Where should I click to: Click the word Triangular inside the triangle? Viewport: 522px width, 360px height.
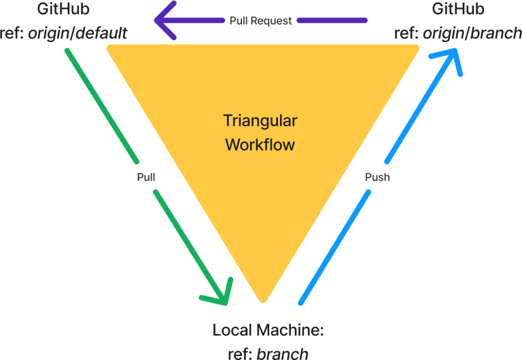260,121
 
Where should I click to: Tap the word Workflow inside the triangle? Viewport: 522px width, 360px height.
260,145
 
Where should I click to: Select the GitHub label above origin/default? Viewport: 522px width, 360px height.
63,10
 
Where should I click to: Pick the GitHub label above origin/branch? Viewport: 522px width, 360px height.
458,10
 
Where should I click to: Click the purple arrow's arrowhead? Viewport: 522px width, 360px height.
163,20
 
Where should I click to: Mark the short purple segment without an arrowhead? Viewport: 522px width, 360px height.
332,20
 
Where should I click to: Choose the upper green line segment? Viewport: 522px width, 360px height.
102,105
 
